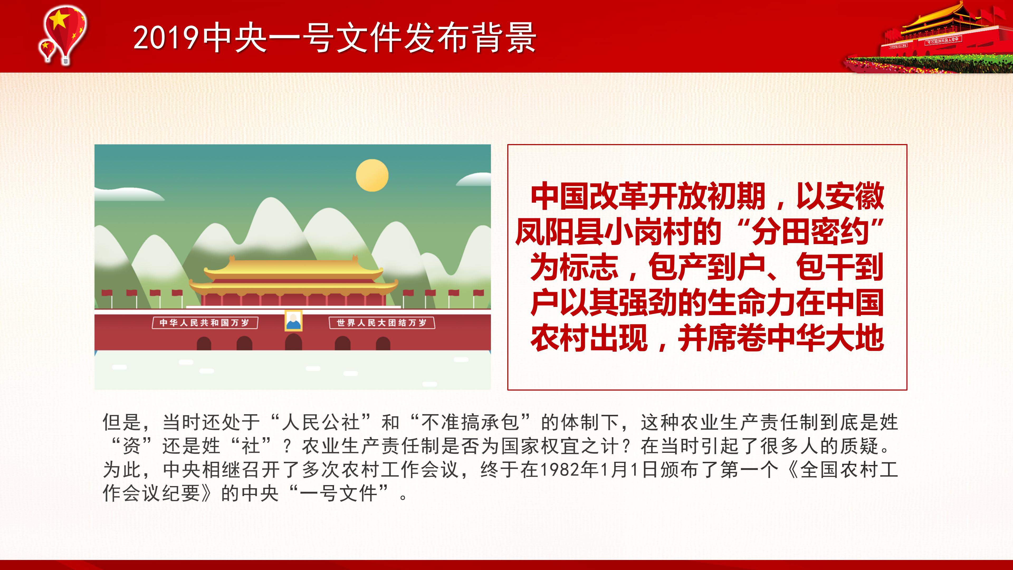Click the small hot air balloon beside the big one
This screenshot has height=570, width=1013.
(x=47, y=50)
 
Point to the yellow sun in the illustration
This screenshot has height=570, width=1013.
(x=372, y=175)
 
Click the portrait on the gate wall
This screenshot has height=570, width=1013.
(x=293, y=321)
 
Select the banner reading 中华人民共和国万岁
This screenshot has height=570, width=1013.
(x=205, y=323)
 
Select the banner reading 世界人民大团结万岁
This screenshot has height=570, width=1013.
(x=382, y=323)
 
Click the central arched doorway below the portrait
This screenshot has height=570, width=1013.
(x=293, y=342)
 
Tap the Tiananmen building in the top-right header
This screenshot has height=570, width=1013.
(x=940, y=35)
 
